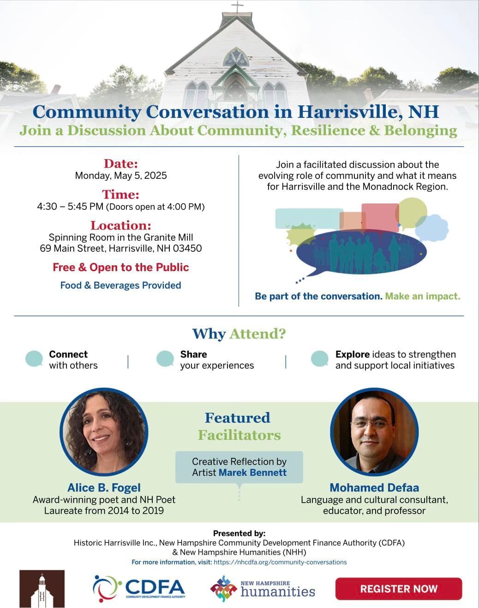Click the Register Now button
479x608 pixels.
398,589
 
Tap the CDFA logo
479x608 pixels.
139,588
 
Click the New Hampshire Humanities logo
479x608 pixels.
263,589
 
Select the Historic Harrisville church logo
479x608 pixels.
42,589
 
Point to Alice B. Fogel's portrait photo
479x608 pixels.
104,432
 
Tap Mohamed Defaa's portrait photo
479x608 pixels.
374,432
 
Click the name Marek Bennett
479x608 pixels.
252,473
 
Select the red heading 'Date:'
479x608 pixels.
121,164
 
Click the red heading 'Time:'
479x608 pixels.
121,195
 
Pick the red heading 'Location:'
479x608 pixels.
121,225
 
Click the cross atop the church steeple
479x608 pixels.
237,7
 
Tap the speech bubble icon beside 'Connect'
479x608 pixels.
34,359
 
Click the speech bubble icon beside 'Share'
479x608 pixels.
165,359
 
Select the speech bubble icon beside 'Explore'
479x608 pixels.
319,359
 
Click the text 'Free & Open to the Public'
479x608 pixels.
121,268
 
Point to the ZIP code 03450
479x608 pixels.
187,249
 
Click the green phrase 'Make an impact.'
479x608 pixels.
423,296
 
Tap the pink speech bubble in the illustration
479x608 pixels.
380,216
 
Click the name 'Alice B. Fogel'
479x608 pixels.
104,488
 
